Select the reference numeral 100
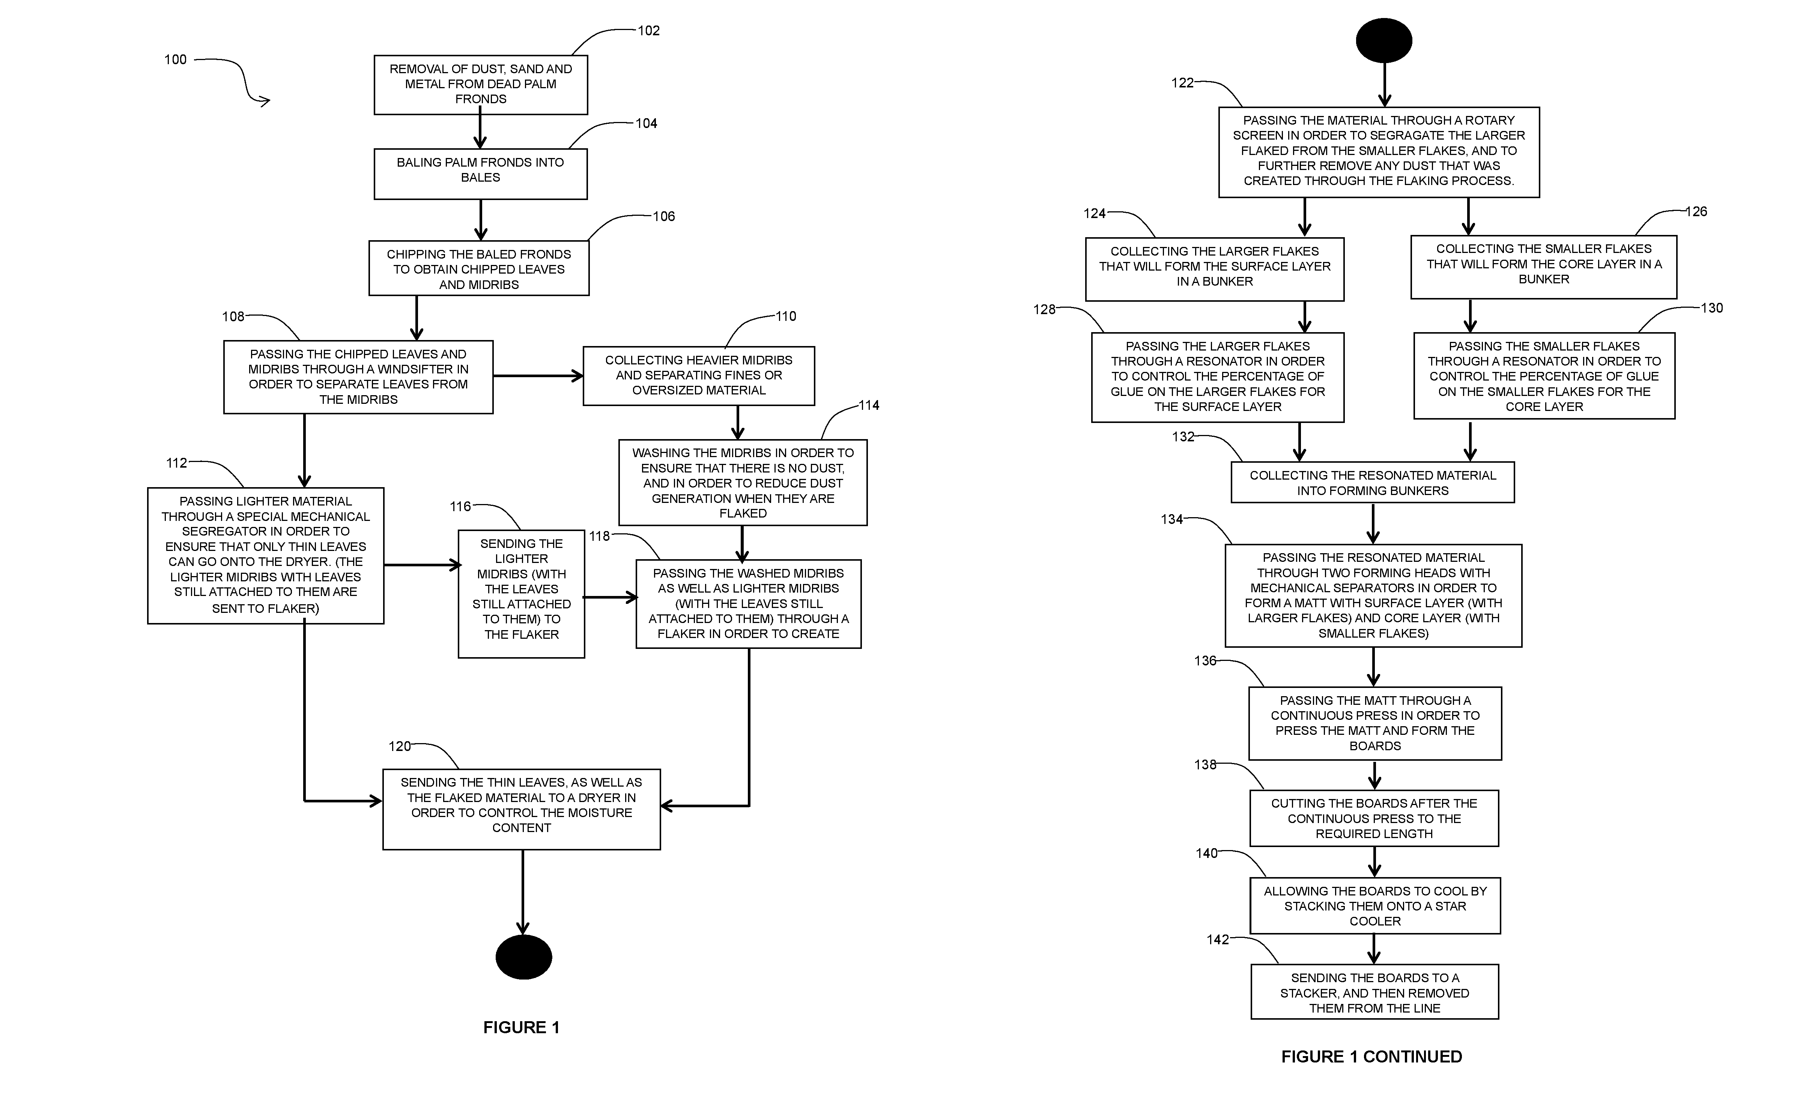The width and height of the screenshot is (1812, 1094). pos(175,60)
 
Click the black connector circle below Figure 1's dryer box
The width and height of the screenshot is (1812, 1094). pos(523,957)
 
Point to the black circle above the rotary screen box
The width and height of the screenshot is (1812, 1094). pos(1384,41)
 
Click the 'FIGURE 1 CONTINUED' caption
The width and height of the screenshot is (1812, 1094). pos(1371,1056)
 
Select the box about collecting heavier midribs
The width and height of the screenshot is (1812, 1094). pos(699,376)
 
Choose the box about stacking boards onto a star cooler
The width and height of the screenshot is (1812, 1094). pos(1375,906)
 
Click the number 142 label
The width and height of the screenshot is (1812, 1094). pos(1218,939)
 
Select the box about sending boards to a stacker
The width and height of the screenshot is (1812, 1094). pos(1374,992)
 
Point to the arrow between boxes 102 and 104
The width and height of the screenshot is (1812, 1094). pos(480,132)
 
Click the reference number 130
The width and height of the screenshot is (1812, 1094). pos(1712,308)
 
